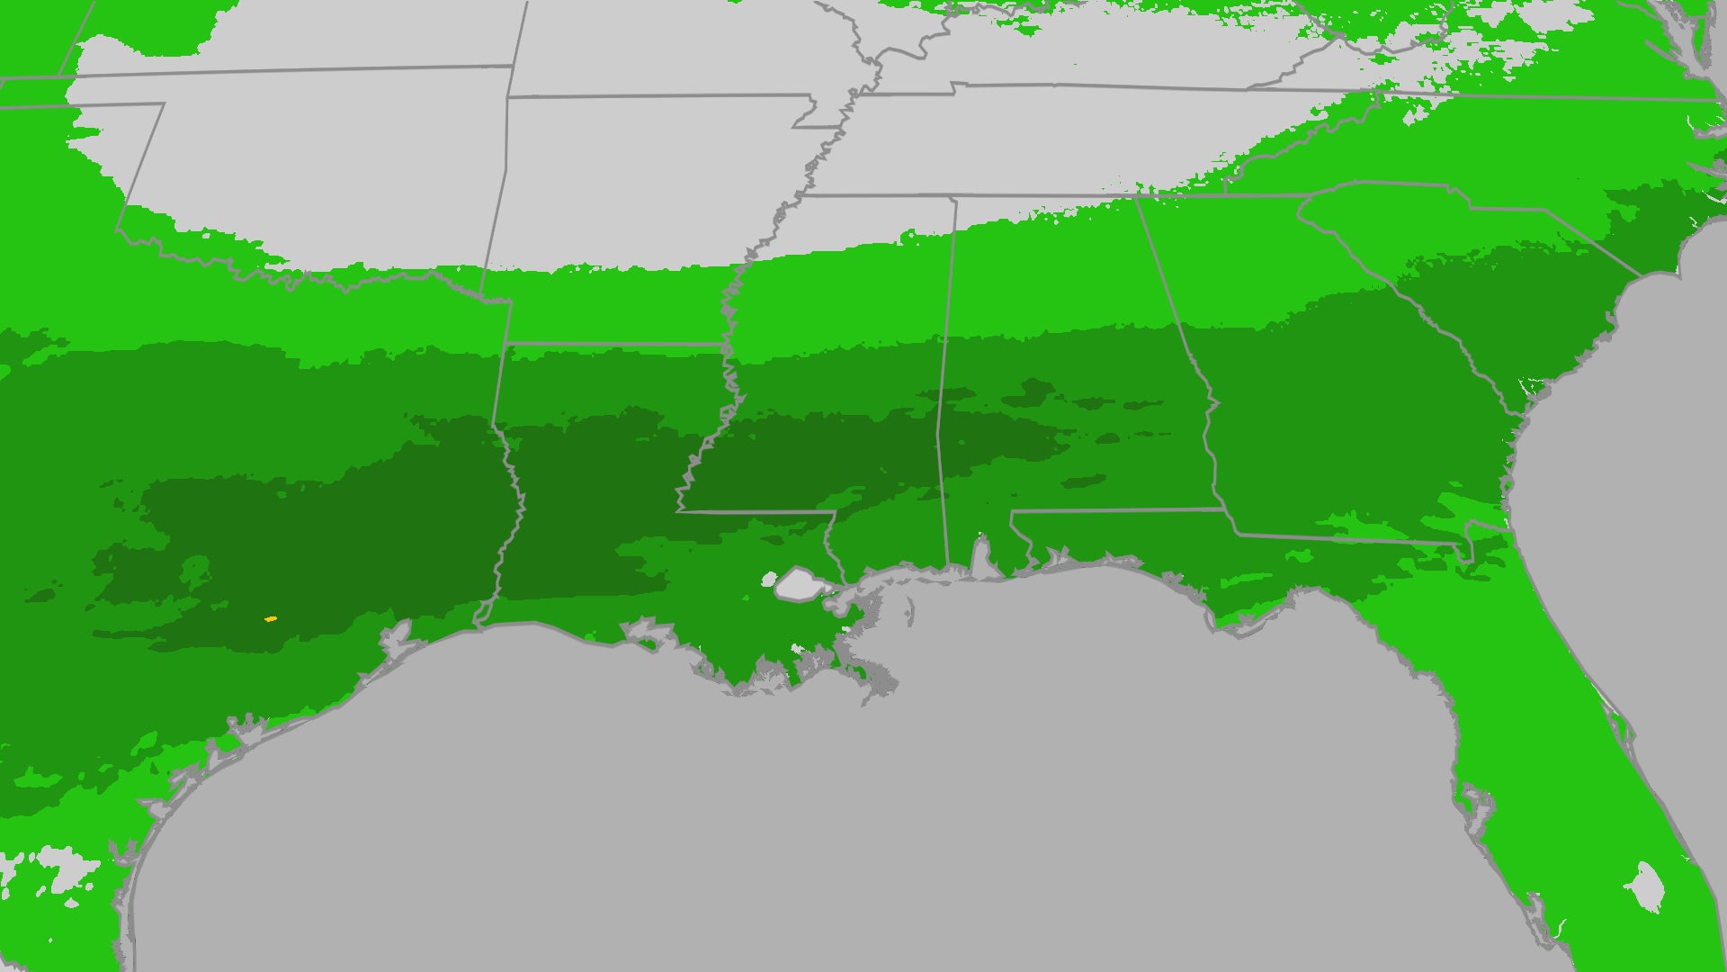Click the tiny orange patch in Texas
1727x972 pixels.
coord(270,619)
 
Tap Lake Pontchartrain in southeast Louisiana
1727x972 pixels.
coord(796,584)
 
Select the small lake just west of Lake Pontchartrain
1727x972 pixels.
coord(768,579)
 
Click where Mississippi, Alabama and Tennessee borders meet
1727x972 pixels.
coord(955,197)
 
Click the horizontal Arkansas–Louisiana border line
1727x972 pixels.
coord(612,344)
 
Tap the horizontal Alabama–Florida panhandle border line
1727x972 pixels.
coord(1115,510)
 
